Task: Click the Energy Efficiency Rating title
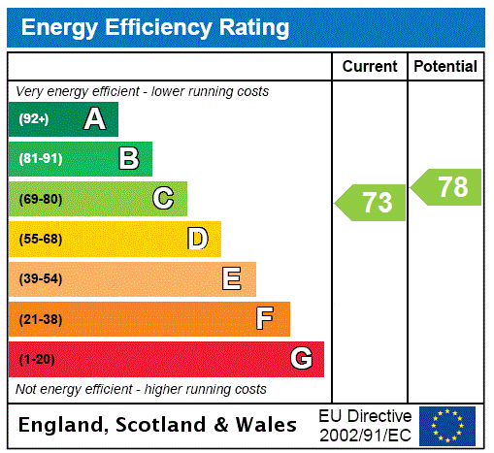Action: (155, 27)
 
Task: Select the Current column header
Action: (370, 67)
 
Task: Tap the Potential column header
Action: (445, 67)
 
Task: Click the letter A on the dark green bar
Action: (94, 119)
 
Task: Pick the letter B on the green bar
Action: (128, 159)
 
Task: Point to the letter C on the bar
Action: (163, 199)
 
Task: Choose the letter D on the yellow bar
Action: (197, 239)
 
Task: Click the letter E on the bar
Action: (232, 279)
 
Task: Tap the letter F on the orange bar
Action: (265, 319)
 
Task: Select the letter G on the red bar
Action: (301, 359)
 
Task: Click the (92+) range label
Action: (34, 119)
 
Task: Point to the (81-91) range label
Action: (40, 159)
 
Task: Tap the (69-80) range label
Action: (40, 199)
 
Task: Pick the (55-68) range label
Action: (40, 239)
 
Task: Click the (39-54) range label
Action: (40, 279)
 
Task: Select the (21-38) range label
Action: (40, 319)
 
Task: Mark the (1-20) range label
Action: (37, 359)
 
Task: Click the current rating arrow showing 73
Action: (372, 203)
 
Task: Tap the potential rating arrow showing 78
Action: (447, 187)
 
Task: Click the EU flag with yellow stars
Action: (447, 426)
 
